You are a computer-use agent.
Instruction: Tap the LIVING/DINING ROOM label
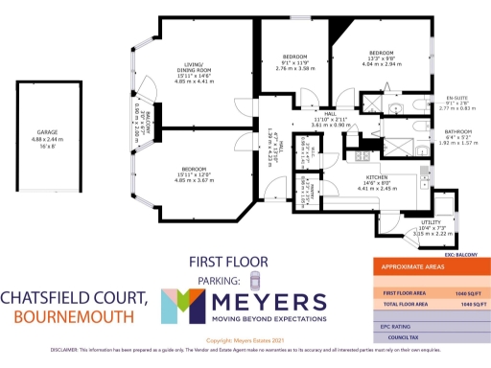pyautogui.click(x=195, y=68)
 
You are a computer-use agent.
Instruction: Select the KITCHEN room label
pyautogui.click(x=375, y=177)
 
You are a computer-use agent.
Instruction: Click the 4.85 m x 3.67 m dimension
pyautogui.click(x=196, y=180)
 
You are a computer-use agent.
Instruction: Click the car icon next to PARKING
pyautogui.click(x=254, y=279)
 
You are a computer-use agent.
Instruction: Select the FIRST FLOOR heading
pyautogui.click(x=226, y=261)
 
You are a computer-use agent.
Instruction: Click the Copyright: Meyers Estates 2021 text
pyautogui.click(x=245, y=339)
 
